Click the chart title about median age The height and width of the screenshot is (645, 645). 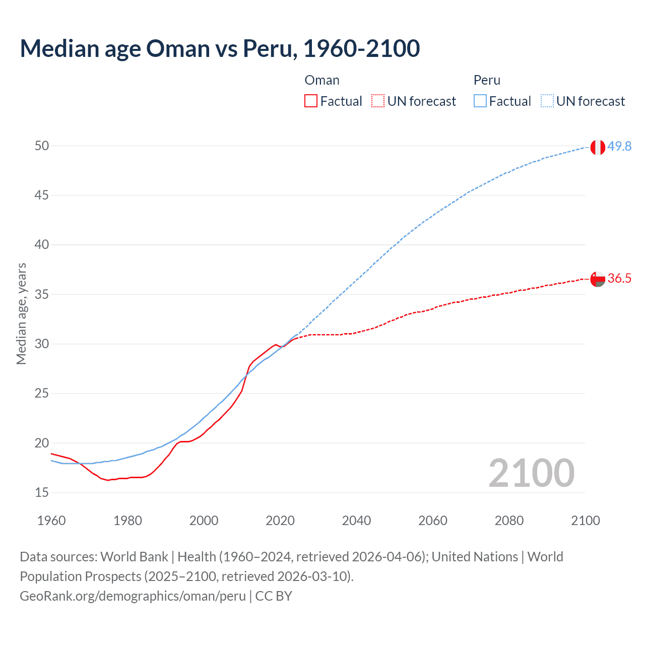coord(220,48)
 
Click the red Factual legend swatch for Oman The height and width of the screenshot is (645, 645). coord(311,101)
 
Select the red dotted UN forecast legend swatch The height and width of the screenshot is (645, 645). coord(377,101)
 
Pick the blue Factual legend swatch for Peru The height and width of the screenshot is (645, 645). coord(480,101)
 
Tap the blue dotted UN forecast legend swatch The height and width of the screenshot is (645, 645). coord(547,101)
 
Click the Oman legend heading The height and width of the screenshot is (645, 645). coord(322,80)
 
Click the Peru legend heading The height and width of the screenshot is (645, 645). coord(487,80)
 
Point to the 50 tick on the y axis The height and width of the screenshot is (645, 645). coord(42,146)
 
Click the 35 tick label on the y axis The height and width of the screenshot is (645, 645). coord(42,294)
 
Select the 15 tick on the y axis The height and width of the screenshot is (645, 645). coord(42,492)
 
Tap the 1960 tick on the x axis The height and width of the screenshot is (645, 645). coord(51,521)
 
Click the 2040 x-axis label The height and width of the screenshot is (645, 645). coord(356,521)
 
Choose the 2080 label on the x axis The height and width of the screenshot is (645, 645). coord(509,521)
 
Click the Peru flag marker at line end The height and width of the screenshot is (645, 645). coord(597,147)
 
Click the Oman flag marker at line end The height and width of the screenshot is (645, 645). coord(597,279)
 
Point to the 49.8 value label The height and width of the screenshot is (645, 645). coord(619,146)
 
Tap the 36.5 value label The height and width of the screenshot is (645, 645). coord(619,279)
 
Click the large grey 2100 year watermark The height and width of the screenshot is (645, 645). coord(532,473)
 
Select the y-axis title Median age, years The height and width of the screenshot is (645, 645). coord(21,313)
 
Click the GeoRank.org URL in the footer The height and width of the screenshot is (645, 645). coord(133,596)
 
